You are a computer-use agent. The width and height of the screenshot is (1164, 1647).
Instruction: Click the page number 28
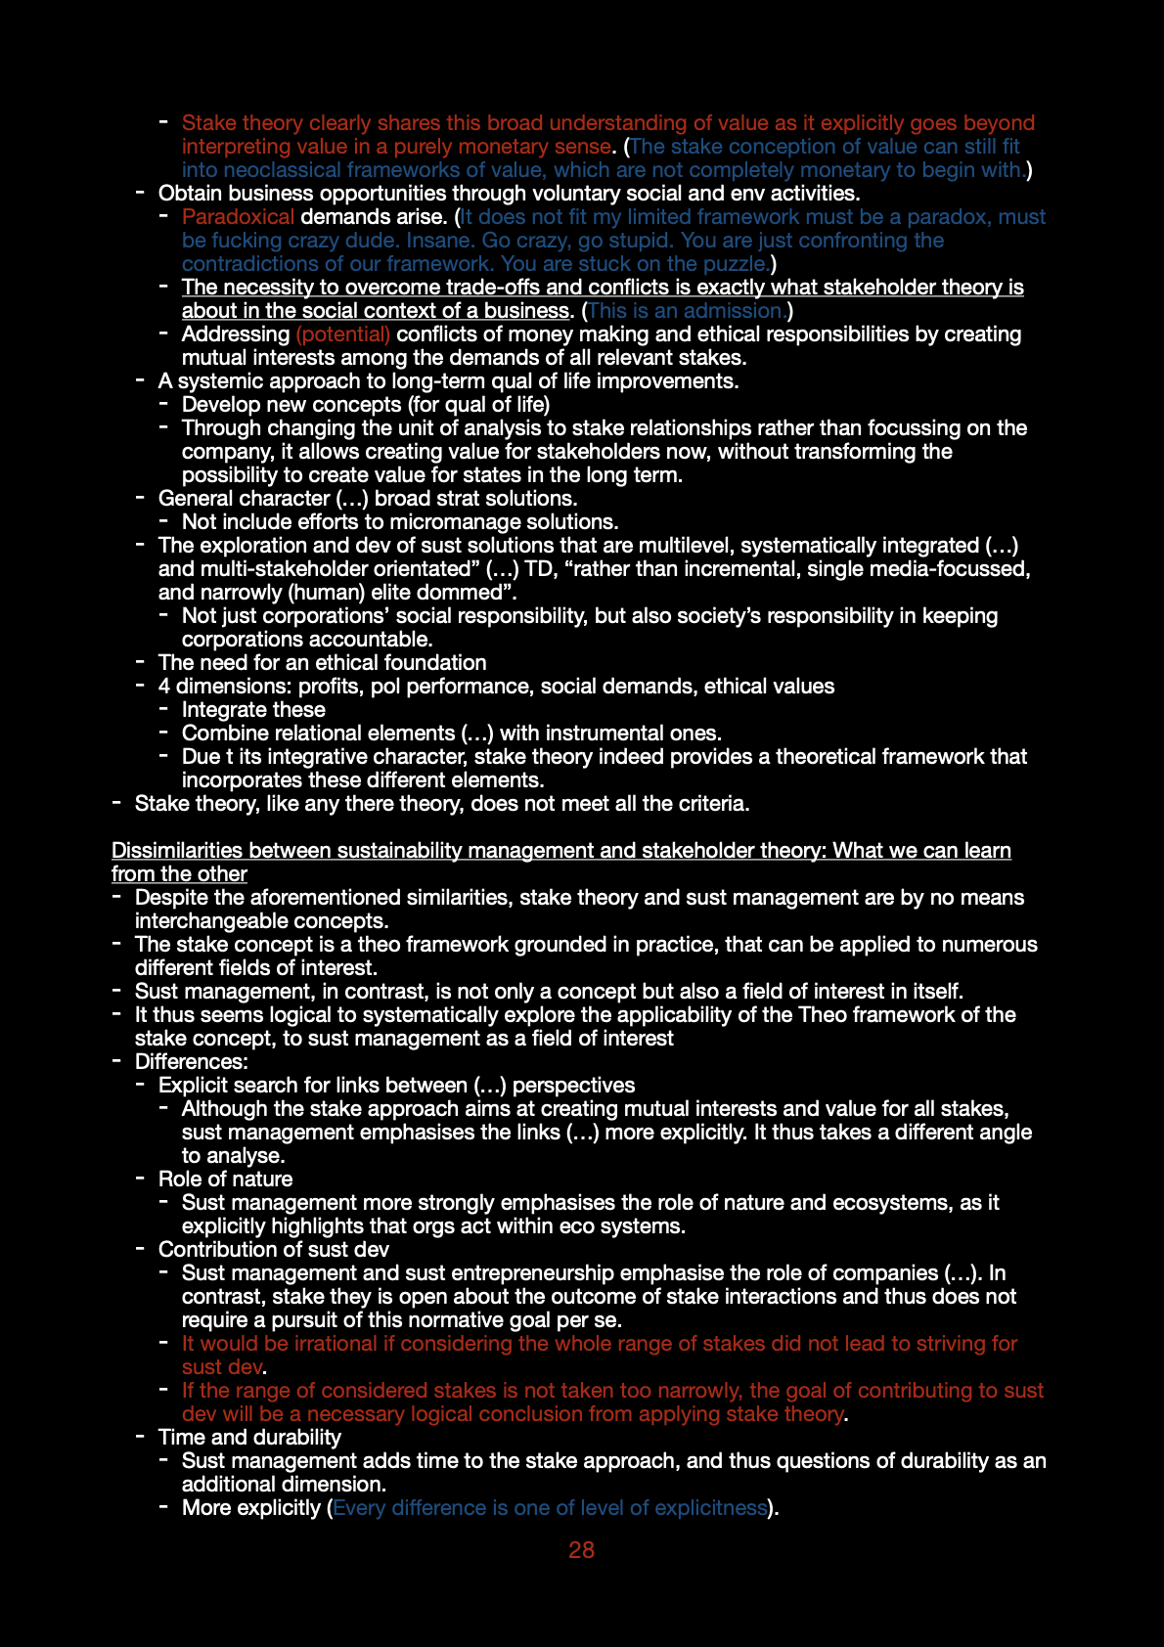(x=581, y=1550)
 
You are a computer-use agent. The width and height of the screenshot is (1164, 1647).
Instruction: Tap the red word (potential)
(x=342, y=334)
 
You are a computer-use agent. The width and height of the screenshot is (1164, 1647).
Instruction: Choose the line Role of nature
(x=225, y=1180)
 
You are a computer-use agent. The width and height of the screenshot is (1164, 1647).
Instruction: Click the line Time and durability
(x=249, y=1438)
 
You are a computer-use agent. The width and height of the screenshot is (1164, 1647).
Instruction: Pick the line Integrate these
(x=253, y=710)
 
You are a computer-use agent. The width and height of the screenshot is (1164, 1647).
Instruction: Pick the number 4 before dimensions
(x=163, y=687)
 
